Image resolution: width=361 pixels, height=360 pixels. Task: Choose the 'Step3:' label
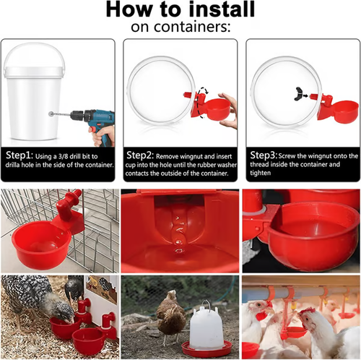[x=266, y=155]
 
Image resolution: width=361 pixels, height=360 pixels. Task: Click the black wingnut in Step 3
[x=295, y=94]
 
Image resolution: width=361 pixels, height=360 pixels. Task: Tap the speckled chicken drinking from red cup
[x=32, y=300]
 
